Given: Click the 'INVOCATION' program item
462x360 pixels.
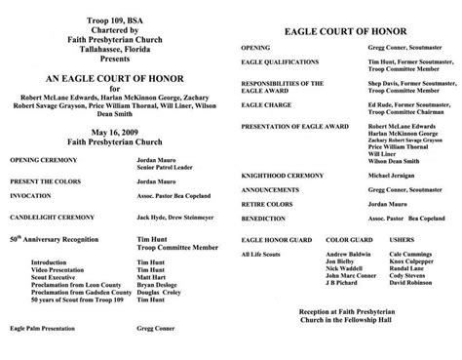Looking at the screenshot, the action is (x=32, y=194).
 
